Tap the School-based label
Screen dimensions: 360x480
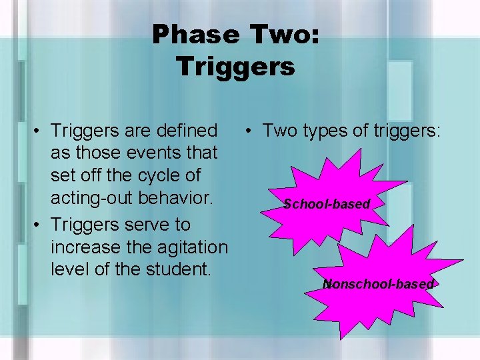pyautogui.click(x=326, y=204)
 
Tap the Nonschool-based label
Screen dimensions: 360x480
pyautogui.click(x=378, y=284)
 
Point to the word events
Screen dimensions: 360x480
pyautogui.click(x=138, y=153)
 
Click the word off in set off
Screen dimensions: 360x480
pyautogui.click(x=92, y=176)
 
